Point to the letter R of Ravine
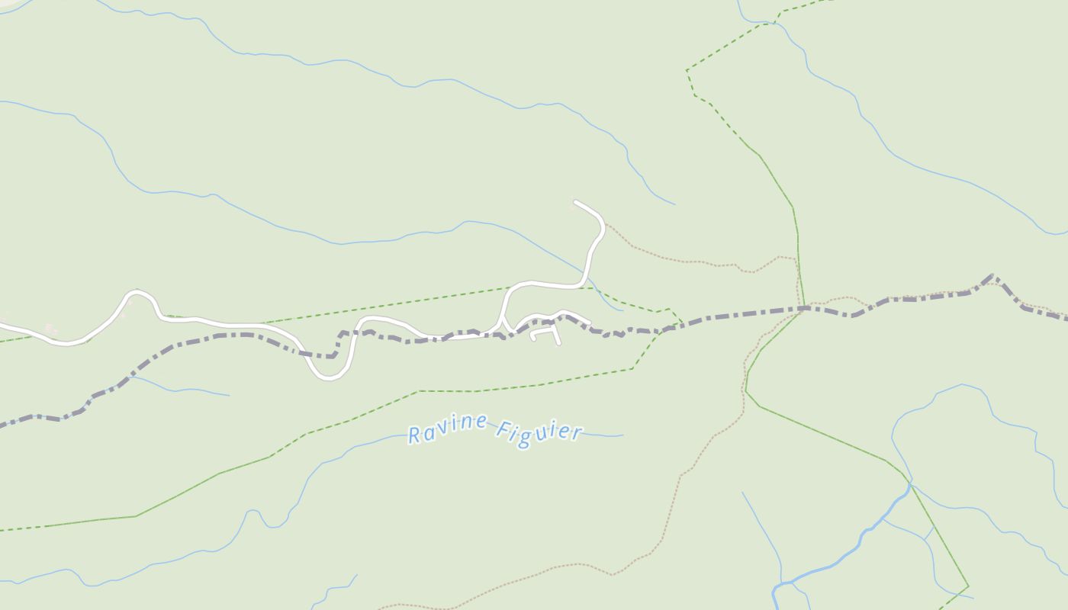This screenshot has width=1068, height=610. tap(415, 435)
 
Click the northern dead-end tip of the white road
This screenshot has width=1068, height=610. tap(575, 202)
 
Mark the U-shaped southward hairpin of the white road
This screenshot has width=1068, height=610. tap(329, 376)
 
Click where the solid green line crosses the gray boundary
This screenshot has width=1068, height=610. tap(803, 308)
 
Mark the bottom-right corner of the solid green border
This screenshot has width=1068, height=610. tap(968, 586)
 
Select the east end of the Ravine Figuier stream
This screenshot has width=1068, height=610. tap(622, 435)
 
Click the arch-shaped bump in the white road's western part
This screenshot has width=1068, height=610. tap(137, 291)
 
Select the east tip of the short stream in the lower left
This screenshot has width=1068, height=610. tap(229, 395)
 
